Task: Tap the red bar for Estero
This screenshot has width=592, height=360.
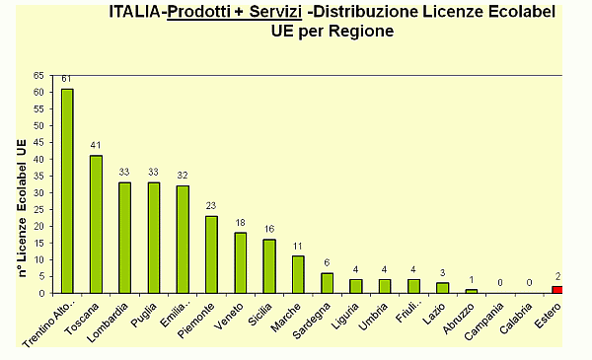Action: [x=557, y=289]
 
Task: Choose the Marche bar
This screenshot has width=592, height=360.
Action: [x=298, y=274]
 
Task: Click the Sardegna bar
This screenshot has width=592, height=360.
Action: [x=328, y=282]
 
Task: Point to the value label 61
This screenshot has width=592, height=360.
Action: [x=67, y=79]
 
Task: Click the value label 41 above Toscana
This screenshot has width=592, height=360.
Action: [x=96, y=146]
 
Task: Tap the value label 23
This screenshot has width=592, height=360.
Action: [x=211, y=206]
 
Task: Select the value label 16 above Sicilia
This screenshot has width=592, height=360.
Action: [x=269, y=230]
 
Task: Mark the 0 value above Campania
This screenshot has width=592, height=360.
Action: [x=500, y=283]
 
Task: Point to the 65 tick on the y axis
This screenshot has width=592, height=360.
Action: [x=38, y=75]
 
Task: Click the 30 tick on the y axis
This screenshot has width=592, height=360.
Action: [x=38, y=192]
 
